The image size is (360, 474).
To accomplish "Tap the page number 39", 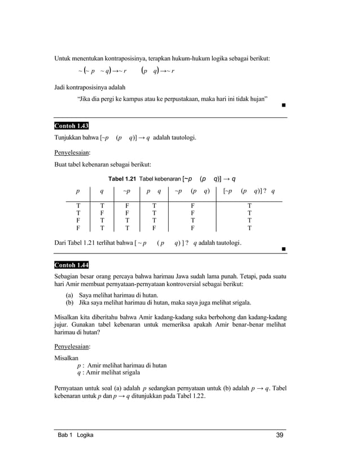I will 280,434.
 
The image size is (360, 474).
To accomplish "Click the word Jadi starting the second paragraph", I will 60,87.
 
